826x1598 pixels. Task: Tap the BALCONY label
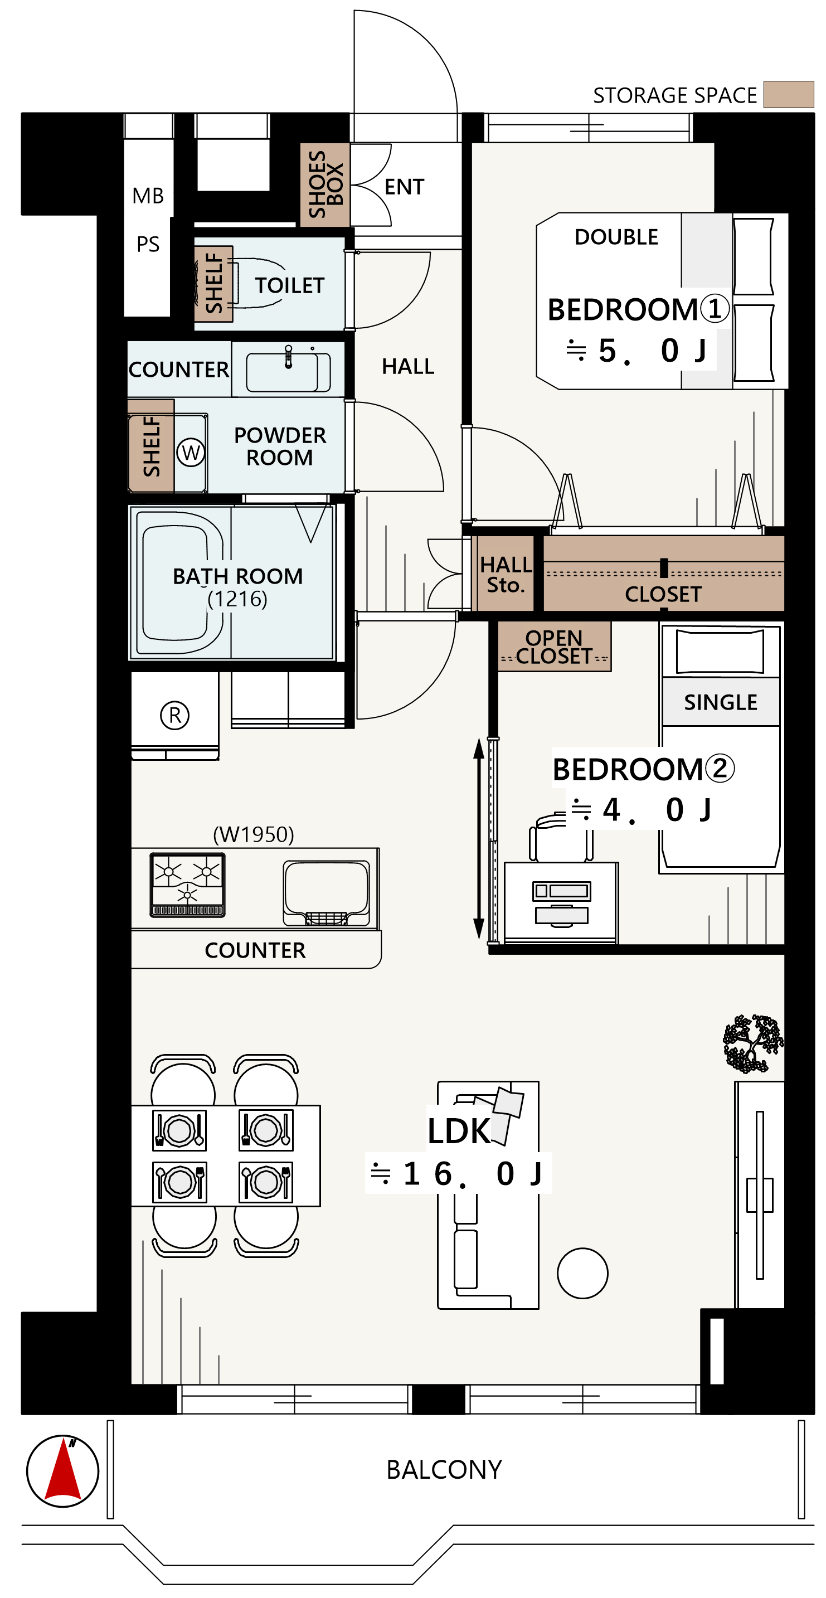pos(444,1470)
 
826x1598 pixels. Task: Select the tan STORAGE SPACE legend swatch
pos(788,94)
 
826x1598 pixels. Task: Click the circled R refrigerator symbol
pos(175,715)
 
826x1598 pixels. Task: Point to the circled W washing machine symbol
pos(191,452)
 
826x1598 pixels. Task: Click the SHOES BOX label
pos(325,184)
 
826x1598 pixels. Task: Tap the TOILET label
pos(290,285)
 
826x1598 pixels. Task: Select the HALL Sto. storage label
pos(506,575)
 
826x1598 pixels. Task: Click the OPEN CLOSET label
pos(554,647)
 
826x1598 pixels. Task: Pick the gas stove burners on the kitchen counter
pos(187,885)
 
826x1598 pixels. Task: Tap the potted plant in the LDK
pos(753,1043)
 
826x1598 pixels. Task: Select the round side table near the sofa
pos(582,1273)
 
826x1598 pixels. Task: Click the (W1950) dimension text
pos(254,834)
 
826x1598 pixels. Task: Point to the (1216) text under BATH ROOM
pos(237,599)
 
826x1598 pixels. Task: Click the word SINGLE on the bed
pos(721,702)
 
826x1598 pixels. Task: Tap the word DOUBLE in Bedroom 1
pos(616,237)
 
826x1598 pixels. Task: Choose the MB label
pos(148,196)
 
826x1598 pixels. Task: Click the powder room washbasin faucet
pos(288,357)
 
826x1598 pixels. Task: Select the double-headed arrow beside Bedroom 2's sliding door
pos(479,838)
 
